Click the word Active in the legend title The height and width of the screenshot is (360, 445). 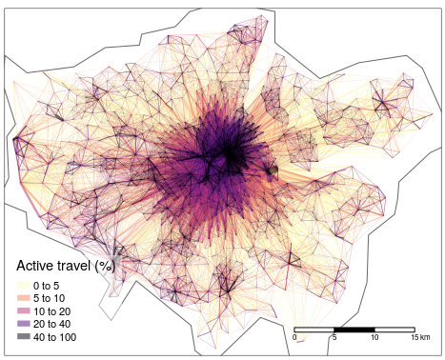39,267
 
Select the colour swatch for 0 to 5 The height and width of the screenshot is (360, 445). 23,286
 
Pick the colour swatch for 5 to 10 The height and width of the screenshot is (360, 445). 23,298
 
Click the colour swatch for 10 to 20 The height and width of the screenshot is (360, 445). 23,311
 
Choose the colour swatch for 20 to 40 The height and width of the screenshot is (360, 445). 23,324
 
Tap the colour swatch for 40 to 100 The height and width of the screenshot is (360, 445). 23,337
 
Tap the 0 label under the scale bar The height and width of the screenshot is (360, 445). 294,338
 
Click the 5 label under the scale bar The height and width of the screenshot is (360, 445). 334,338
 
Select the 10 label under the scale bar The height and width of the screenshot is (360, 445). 374,338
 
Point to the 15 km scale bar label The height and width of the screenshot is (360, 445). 419,338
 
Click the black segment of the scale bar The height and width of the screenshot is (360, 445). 354,330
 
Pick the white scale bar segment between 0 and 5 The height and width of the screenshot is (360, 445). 314,330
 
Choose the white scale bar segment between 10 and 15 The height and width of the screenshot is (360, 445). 394,330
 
